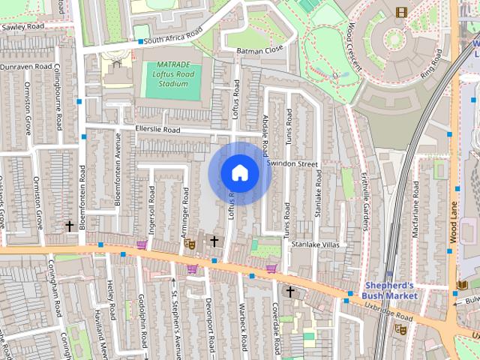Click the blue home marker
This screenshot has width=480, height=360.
click(239, 172)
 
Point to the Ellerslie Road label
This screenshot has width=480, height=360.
click(157, 130)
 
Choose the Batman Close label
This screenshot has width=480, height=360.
click(259, 49)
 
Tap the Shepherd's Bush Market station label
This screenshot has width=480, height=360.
click(390, 290)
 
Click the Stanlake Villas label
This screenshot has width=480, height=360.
click(316, 244)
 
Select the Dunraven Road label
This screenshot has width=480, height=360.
click(23, 67)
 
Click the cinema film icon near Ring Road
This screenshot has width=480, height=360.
click(402, 11)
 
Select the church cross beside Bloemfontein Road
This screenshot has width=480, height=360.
click(70, 226)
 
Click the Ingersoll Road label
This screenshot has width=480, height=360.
click(151, 211)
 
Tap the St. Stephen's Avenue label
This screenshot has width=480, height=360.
click(176, 312)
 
